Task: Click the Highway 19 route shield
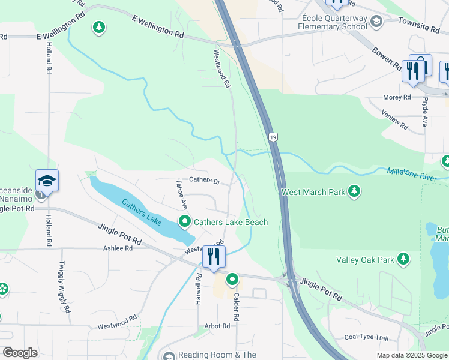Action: (x=273, y=137)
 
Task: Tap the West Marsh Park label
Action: (x=313, y=192)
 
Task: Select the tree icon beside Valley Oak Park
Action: (x=404, y=259)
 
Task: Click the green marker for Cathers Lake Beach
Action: (x=185, y=222)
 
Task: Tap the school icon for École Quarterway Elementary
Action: (x=376, y=23)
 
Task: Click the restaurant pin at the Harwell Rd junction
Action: (x=214, y=257)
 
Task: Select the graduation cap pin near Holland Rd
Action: (x=47, y=180)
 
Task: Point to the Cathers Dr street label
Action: (x=205, y=180)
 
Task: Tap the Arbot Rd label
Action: (x=217, y=326)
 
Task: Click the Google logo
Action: (x=20, y=353)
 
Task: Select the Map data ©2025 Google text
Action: (x=411, y=355)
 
